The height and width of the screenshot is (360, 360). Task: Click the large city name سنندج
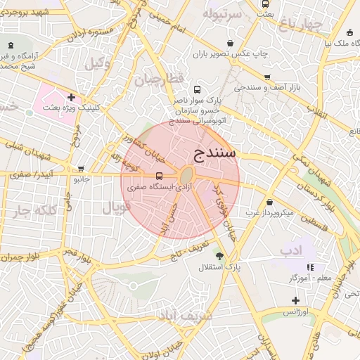[216, 153]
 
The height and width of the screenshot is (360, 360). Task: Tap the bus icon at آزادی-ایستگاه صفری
[158, 176]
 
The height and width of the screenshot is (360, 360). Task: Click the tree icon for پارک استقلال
[219, 255]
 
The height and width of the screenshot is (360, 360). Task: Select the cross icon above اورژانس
[295, 300]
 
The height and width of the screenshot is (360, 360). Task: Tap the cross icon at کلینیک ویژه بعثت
[71, 96]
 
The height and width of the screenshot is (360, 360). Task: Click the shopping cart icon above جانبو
[82, 169]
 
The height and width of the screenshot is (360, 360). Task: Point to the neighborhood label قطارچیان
[159, 78]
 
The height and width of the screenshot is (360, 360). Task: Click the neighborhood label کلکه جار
[32, 212]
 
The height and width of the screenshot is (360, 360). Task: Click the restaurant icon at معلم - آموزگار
[310, 267]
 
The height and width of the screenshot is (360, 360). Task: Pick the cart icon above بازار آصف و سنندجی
[267, 77]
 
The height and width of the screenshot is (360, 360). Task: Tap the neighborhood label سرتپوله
[222, 13]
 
